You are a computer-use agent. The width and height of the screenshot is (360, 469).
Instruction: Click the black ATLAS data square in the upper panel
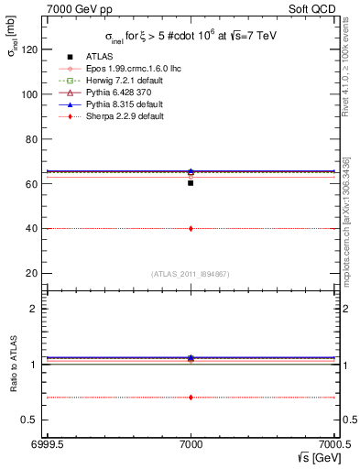pyautogui.click(x=191, y=183)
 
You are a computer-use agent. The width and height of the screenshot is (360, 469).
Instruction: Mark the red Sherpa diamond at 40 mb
pyautogui.click(x=191, y=228)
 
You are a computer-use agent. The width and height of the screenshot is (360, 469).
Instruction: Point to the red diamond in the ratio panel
pyautogui.click(x=191, y=398)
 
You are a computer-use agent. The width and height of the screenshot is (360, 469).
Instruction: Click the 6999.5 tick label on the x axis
pyautogui.click(x=45, y=442)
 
